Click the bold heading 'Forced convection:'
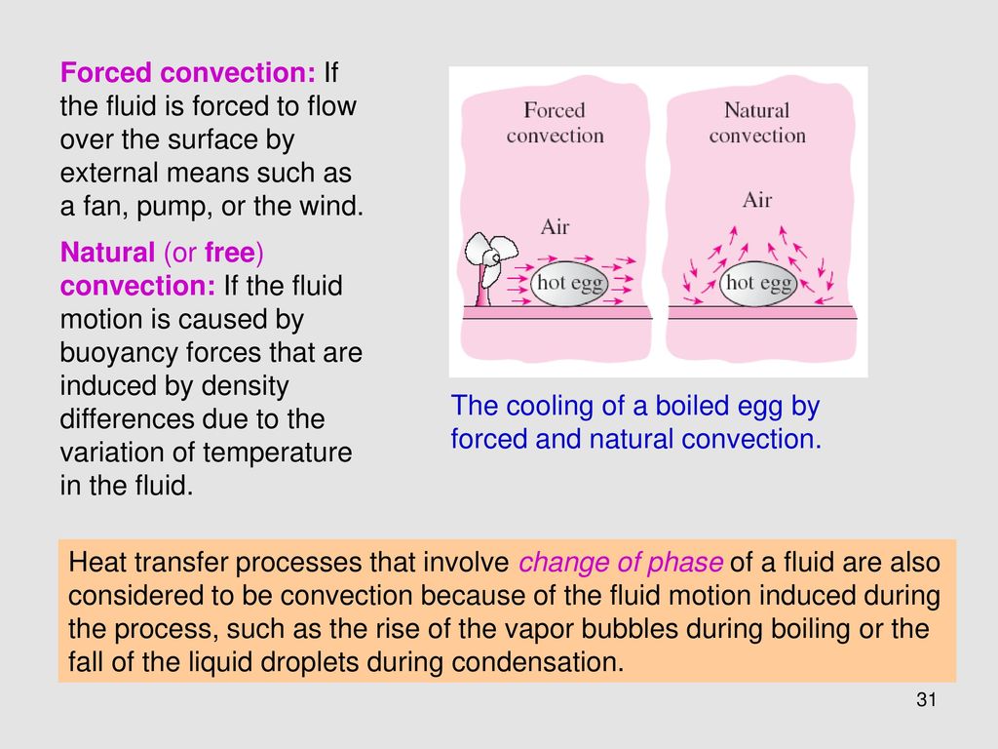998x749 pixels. [x=188, y=72]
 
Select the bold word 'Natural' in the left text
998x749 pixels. [x=107, y=253]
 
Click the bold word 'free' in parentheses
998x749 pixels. [x=230, y=253]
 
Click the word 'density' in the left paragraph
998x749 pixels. [x=245, y=386]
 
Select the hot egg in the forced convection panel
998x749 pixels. [x=570, y=283]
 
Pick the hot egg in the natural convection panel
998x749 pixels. [x=758, y=283]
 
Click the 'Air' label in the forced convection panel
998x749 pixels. [x=555, y=226]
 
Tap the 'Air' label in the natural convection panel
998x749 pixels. [x=756, y=200]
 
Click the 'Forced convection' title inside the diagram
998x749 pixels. [x=555, y=122]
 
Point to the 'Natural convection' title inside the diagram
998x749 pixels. [x=757, y=122]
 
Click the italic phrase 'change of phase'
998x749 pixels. [x=621, y=563]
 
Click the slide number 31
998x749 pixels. [x=926, y=700]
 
